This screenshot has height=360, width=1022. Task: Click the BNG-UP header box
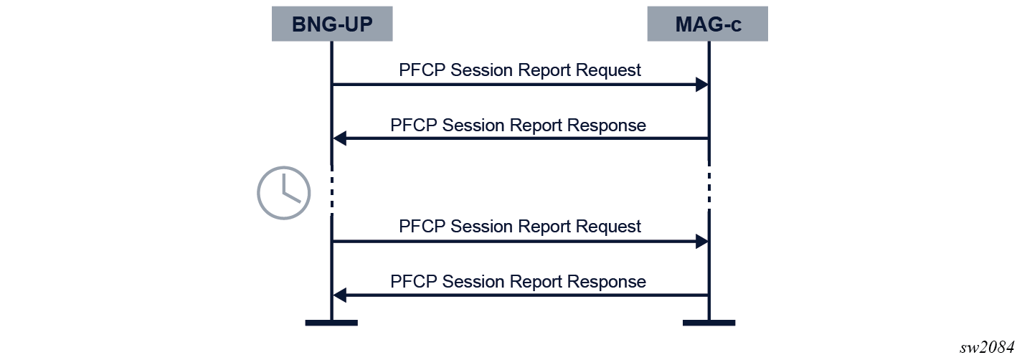point(332,24)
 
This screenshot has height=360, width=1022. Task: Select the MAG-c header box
point(708,24)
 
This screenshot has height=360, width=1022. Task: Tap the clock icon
point(284,193)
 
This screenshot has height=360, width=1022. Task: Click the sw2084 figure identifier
point(987,348)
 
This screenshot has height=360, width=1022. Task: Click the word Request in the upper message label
point(608,71)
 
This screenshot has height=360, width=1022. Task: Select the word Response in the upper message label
point(606,125)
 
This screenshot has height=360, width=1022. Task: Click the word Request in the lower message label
point(608,227)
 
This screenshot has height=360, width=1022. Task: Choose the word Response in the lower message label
point(606,282)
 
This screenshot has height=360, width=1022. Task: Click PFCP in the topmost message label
point(422,70)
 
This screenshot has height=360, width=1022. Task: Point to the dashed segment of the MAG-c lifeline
point(709,187)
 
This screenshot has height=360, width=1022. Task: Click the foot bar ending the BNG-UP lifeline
point(331,323)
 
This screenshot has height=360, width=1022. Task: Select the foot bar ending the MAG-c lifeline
point(709,323)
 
